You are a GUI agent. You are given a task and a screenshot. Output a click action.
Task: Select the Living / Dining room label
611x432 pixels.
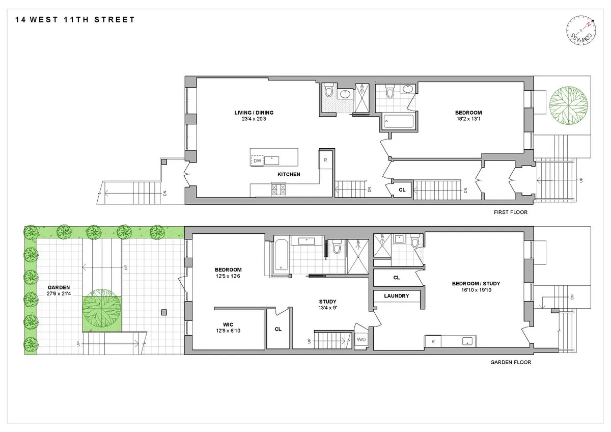(251, 113)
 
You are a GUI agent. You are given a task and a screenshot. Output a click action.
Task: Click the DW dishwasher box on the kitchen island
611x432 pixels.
(258, 160)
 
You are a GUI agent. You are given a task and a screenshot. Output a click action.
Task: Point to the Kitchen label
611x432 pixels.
(289, 174)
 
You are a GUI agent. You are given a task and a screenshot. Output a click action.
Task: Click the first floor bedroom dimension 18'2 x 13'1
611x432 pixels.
(468, 120)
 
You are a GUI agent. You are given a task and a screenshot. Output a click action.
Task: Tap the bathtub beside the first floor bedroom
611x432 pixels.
(399, 122)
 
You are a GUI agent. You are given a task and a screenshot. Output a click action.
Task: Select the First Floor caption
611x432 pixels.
(511, 212)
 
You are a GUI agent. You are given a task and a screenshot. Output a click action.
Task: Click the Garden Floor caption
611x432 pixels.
(511, 363)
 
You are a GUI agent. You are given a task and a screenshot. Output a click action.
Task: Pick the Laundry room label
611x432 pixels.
(397, 295)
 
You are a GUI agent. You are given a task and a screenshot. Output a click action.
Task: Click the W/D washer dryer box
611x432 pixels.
(361, 339)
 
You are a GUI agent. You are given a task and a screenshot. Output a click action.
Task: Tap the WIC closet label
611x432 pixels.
(228, 324)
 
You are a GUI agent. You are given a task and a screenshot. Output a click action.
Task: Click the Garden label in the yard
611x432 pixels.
(59, 287)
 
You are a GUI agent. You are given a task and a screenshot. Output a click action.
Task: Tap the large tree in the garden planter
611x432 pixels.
(102, 310)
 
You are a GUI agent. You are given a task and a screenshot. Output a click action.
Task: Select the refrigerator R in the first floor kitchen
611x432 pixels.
(325, 160)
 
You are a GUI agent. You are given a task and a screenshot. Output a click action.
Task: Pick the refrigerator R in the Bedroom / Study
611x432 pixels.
(433, 341)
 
